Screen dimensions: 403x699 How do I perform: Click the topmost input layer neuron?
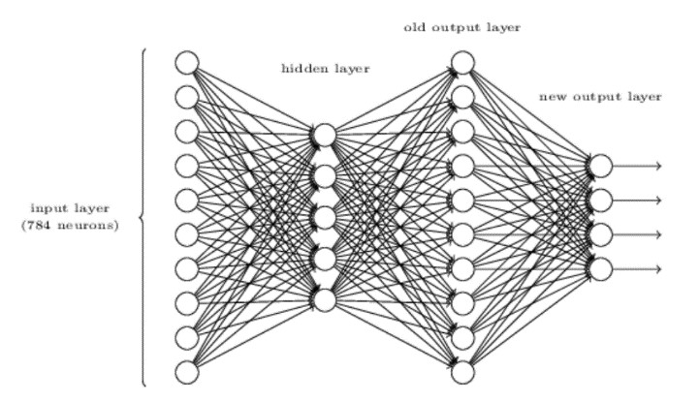pos(187,63)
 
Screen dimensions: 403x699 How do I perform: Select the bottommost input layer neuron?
pos(187,372)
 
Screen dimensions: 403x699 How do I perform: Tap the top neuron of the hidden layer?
pos(325,135)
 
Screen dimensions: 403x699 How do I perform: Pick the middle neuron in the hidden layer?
pos(325,217)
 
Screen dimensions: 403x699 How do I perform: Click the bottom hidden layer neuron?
pos(325,299)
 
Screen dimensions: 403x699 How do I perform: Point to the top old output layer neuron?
pos(462,63)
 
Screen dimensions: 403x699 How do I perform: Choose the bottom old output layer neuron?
pos(462,372)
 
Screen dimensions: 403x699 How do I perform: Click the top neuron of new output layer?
pos(600,166)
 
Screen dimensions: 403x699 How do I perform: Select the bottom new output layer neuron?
pos(600,268)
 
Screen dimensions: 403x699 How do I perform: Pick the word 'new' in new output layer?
pos(553,97)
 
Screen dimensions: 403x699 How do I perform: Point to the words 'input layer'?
pos(70,208)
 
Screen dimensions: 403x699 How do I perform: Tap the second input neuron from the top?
pos(187,97)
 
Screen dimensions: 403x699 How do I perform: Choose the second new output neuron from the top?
pos(600,200)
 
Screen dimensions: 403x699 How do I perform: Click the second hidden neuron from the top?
pos(325,175)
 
